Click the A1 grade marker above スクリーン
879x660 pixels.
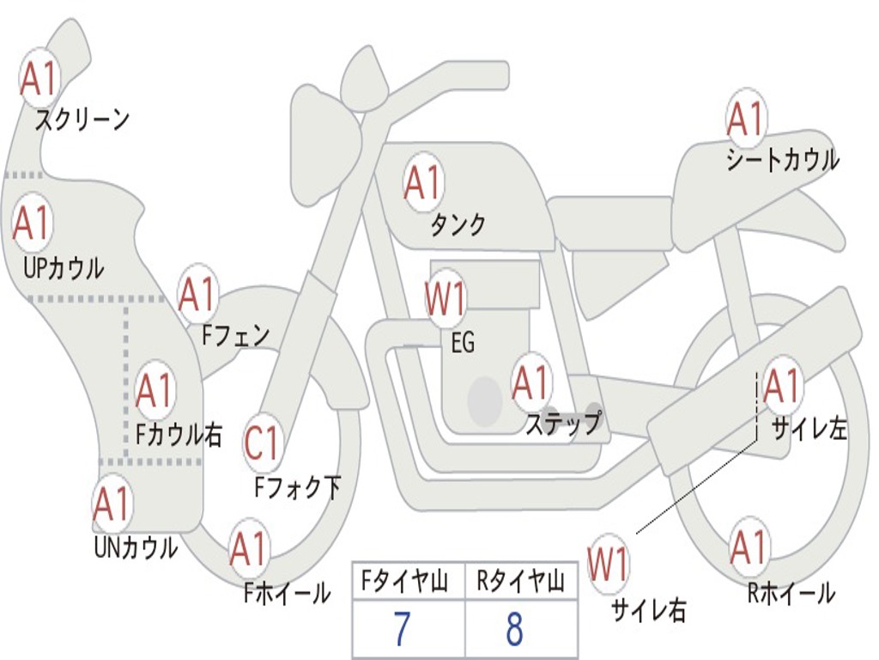pyautogui.click(x=39, y=78)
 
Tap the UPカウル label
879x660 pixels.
pyautogui.click(x=64, y=268)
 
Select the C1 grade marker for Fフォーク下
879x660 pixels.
pyautogui.click(x=263, y=443)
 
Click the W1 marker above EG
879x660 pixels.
pyautogui.click(x=446, y=298)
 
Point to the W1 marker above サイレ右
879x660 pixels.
pyautogui.click(x=608, y=564)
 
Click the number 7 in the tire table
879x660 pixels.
pyautogui.click(x=402, y=628)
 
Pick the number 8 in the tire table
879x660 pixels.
pyautogui.click(x=515, y=628)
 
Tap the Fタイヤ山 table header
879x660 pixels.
pyautogui.click(x=404, y=580)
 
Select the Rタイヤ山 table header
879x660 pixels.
pyautogui.click(x=520, y=580)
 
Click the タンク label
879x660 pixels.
pyautogui.click(x=458, y=224)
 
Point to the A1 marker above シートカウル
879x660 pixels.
pyautogui.click(x=746, y=119)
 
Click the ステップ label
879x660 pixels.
pyautogui.click(x=563, y=423)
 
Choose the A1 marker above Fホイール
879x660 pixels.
pyautogui.click(x=248, y=548)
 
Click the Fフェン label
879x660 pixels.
pyautogui.click(x=235, y=335)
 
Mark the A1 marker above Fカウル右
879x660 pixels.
pyautogui.click(x=155, y=389)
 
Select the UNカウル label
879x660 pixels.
pyautogui.click(x=136, y=547)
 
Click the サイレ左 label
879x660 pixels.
pyautogui.click(x=809, y=429)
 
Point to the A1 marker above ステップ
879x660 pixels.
pyautogui.click(x=530, y=382)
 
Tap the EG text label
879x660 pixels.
pyautogui.click(x=463, y=342)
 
